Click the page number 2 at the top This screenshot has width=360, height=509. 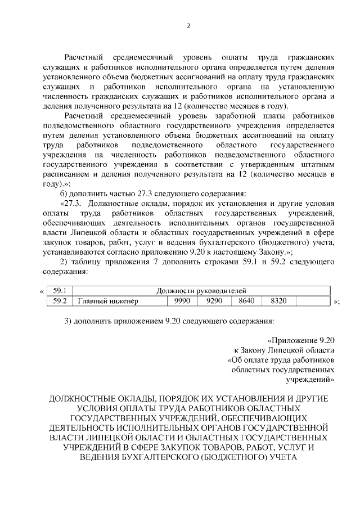tap(189, 26)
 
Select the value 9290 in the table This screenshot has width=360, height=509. tap(214, 301)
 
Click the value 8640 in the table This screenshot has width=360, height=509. tap(246, 301)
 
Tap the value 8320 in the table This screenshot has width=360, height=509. tap(278, 301)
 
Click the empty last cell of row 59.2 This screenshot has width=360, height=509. tap(313, 301)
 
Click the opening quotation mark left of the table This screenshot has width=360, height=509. tap(42, 291)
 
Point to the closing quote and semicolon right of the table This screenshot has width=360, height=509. tap(336, 302)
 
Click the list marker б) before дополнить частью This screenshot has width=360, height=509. tap(65, 193)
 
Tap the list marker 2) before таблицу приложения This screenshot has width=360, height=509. tap(65, 263)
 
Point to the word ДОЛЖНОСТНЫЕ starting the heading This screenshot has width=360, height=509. tap(87, 399)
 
